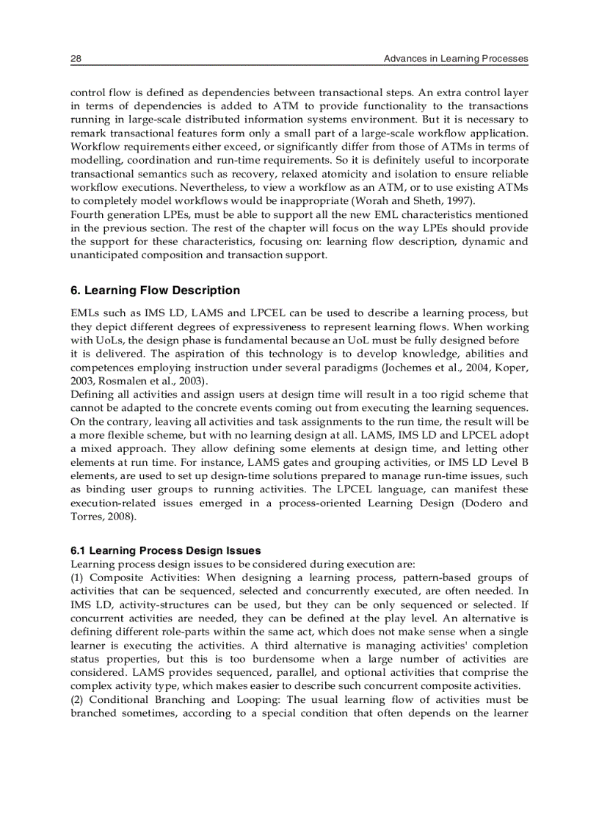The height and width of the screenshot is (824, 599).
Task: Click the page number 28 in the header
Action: coord(76,59)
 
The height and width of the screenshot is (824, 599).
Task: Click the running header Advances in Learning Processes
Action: coord(456,59)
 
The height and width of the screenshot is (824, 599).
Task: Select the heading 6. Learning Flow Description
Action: coord(155,291)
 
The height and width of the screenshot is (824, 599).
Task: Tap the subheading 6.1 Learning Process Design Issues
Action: coord(165,550)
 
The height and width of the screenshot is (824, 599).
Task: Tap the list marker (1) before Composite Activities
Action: coord(78,577)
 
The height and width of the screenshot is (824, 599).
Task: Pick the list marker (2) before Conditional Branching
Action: coord(78,699)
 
